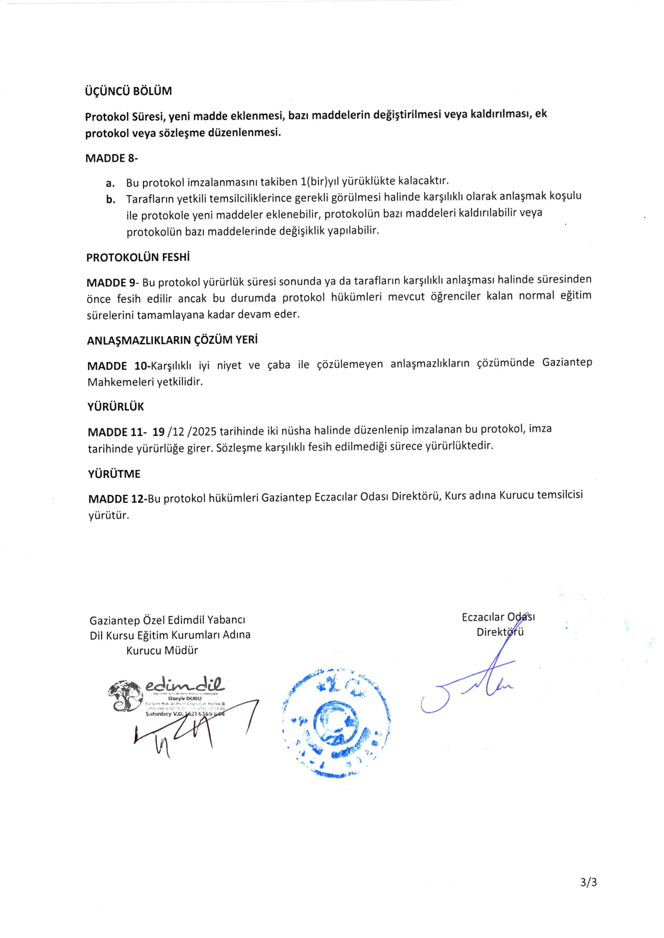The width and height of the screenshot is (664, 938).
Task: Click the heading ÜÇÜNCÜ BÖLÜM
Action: click(x=128, y=91)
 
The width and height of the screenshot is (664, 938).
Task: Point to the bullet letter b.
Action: click(x=110, y=200)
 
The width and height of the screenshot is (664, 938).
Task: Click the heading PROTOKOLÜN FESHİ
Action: click(x=138, y=258)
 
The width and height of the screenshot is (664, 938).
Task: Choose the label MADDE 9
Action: click(x=112, y=283)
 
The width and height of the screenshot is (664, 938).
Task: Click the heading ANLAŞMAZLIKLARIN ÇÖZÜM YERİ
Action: click(x=172, y=340)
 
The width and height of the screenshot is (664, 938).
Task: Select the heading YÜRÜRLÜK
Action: click(x=116, y=407)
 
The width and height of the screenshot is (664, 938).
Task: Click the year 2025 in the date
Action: click(x=205, y=431)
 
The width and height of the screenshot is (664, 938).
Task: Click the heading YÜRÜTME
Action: click(x=114, y=474)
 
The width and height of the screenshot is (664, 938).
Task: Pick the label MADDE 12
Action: click(x=117, y=499)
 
